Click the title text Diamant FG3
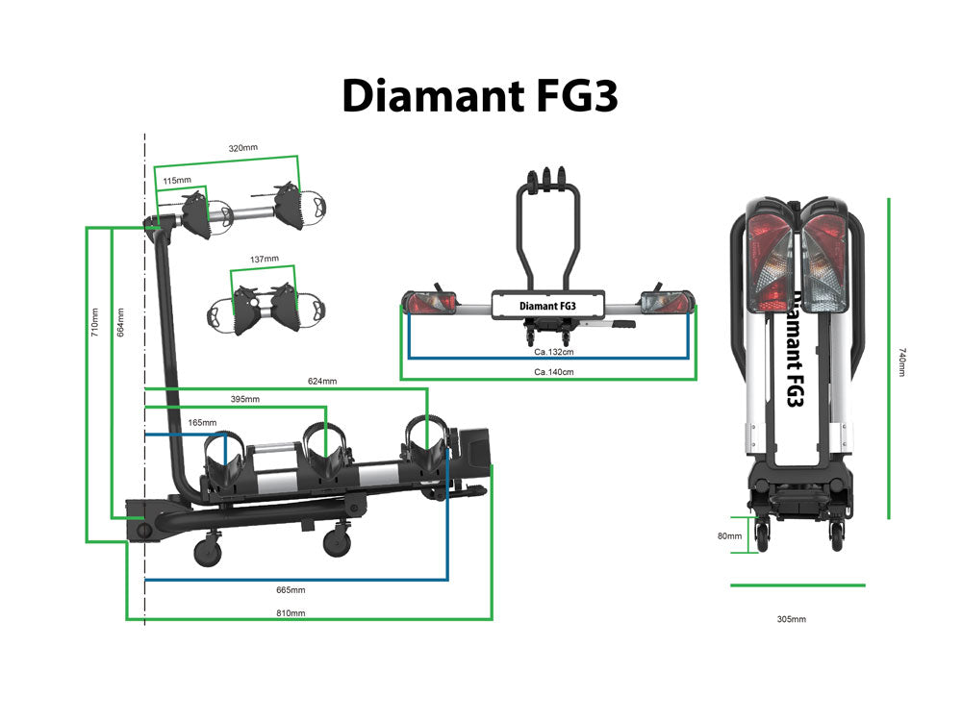[479, 95]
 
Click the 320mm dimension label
[242, 148]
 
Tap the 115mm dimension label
[176, 180]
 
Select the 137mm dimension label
[264, 260]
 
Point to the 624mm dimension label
[322, 382]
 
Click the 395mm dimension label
[244, 399]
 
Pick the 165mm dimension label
[202, 422]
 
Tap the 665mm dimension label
[291, 589]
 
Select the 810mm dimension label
[291, 612]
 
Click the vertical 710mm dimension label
[94, 322]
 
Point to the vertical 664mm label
[119, 322]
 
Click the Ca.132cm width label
[547, 352]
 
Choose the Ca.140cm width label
[547, 371]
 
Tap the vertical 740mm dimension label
[901, 361]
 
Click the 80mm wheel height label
[728, 535]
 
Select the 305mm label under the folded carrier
[791, 619]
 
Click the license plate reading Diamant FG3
[547, 306]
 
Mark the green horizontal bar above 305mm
[797, 584]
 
